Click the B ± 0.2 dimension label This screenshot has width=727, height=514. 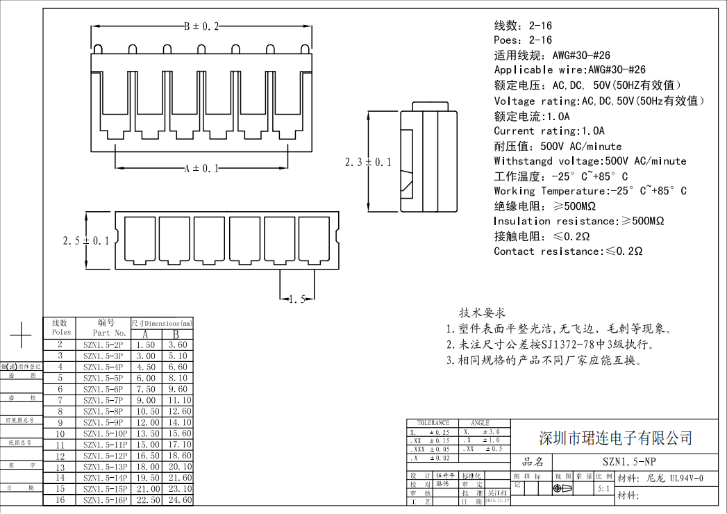(x=201, y=26)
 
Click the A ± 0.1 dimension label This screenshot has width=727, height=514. (x=201, y=168)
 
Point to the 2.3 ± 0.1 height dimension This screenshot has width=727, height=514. (x=368, y=162)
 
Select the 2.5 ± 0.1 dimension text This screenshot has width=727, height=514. (x=86, y=241)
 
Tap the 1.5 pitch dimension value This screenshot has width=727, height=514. (x=296, y=299)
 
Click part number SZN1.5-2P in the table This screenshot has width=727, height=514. (x=103, y=345)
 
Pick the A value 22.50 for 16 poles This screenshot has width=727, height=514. (x=146, y=500)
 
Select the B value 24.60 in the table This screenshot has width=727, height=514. (x=177, y=500)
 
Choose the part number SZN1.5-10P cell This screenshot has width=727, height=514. (x=104, y=433)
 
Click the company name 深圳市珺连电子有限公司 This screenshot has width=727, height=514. (x=616, y=438)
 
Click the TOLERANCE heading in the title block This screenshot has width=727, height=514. (x=433, y=423)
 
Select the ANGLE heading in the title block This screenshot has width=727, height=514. (x=480, y=423)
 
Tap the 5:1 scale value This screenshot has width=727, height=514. (x=605, y=489)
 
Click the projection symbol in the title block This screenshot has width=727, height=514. (x=563, y=489)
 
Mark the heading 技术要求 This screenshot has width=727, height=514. (x=482, y=313)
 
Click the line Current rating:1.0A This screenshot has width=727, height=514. (x=549, y=131)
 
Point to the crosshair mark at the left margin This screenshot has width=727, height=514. (x=21, y=335)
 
